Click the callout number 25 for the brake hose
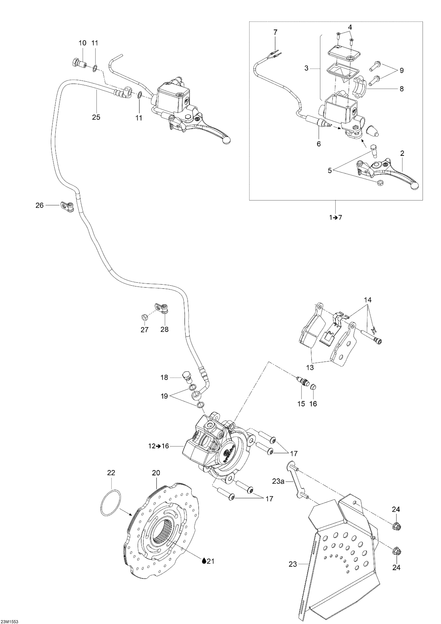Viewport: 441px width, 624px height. [x=96, y=117]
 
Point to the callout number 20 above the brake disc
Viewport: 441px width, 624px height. [x=156, y=473]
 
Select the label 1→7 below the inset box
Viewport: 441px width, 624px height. [x=336, y=218]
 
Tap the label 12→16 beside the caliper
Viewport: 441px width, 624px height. [x=159, y=446]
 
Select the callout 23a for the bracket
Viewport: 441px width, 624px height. [x=278, y=481]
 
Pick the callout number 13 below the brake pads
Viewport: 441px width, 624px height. [x=310, y=368]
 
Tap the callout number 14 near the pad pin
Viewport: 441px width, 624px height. [x=368, y=300]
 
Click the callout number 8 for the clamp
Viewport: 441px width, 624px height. [x=402, y=89]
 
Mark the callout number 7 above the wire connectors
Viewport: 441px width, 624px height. [x=275, y=32]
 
